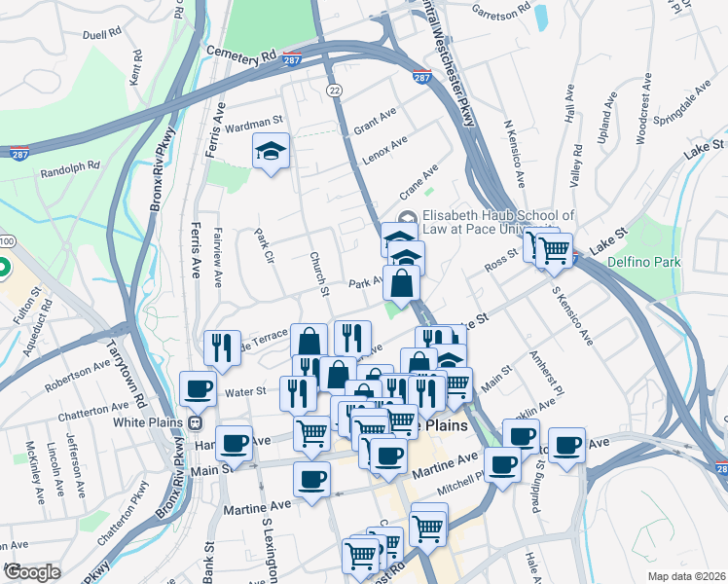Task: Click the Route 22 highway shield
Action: click(x=335, y=90)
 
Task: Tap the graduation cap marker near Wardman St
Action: click(x=272, y=151)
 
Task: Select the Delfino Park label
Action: click(x=643, y=263)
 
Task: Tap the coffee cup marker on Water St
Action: click(x=198, y=388)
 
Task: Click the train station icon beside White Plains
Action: click(x=195, y=423)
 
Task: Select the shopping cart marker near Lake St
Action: click(x=555, y=249)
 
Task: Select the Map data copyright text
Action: click(x=685, y=575)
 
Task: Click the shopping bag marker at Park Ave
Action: click(x=400, y=284)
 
